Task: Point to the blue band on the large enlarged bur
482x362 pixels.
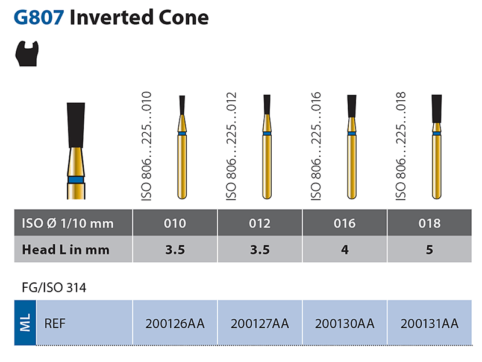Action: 76,179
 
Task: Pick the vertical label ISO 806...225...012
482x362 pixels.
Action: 231,145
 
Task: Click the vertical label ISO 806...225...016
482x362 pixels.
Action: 316,145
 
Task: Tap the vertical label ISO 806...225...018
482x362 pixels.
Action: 401,145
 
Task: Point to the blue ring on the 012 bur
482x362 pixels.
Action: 267,133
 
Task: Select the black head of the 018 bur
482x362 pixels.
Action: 436,109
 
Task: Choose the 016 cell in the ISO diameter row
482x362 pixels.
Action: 345,223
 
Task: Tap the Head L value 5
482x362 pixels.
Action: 429,249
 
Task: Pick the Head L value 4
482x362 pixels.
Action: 345,249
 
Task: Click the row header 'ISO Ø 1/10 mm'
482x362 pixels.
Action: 67,223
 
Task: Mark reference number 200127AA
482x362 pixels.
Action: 260,324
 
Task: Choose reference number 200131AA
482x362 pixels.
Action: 429,324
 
